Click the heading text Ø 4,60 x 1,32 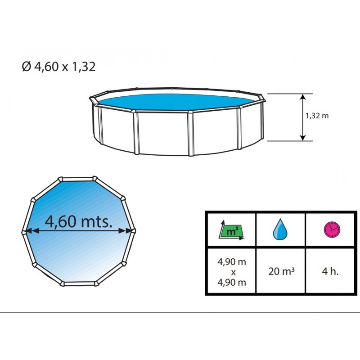[58, 67]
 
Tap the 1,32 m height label [317, 116]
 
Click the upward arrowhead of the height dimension [303, 97]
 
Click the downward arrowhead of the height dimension [303, 138]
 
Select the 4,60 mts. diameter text [78, 221]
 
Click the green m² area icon [231, 230]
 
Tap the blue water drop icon [280, 229]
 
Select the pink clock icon [332, 230]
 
